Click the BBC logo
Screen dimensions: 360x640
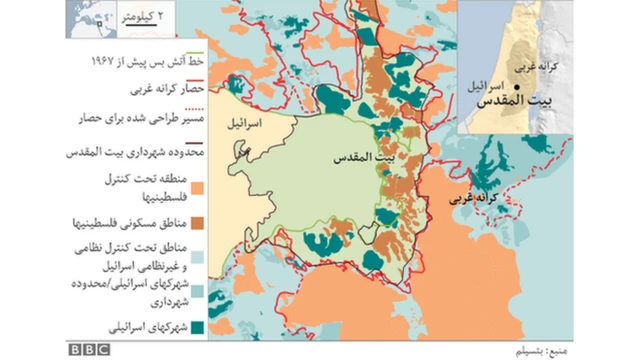(x=90, y=350)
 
